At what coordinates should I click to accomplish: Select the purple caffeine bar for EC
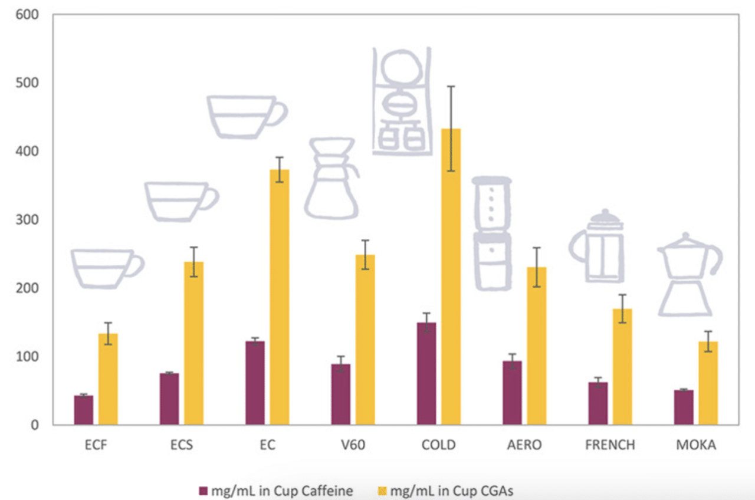pyautogui.click(x=255, y=383)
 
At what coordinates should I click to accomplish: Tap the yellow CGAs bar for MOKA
pyautogui.click(x=708, y=383)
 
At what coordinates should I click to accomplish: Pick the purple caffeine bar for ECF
pyautogui.click(x=84, y=410)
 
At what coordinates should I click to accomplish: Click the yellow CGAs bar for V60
pyautogui.click(x=365, y=340)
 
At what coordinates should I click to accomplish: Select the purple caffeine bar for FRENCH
pyautogui.click(x=598, y=403)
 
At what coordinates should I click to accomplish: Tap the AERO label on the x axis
pyautogui.click(x=524, y=445)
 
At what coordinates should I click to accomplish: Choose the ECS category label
pyautogui.click(x=182, y=445)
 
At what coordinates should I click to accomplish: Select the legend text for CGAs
pyautogui.click(x=451, y=491)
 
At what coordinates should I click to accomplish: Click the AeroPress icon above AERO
pyautogui.click(x=493, y=233)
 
